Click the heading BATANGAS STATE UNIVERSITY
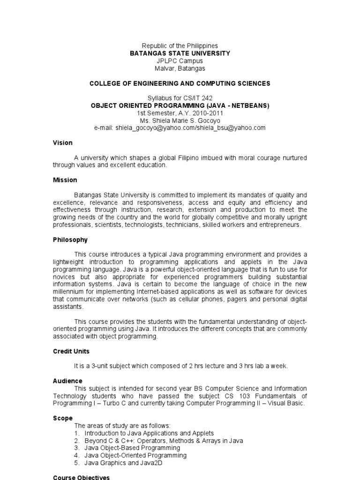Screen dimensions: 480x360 click(180, 53)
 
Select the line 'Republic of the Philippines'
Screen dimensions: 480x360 click(180, 46)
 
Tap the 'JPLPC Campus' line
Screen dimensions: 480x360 click(180, 61)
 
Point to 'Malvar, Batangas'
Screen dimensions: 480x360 click(180, 68)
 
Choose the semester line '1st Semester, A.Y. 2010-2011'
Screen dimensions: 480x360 click(180, 113)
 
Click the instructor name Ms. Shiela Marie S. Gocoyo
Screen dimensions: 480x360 click(180, 120)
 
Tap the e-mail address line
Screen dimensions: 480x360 click(180, 127)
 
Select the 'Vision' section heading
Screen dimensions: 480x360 click(62, 142)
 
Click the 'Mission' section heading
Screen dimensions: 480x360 click(65, 180)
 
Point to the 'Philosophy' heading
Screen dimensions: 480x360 click(70, 240)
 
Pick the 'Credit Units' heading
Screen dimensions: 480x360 click(71, 351)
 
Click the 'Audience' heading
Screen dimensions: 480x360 click(67, 381)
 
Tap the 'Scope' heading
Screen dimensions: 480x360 click(63, 418)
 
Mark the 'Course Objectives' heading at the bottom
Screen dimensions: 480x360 click(82, 477)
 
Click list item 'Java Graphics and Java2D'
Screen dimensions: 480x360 click(123, 463)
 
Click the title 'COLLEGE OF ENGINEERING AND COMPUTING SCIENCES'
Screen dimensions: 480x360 click(180, 83)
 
